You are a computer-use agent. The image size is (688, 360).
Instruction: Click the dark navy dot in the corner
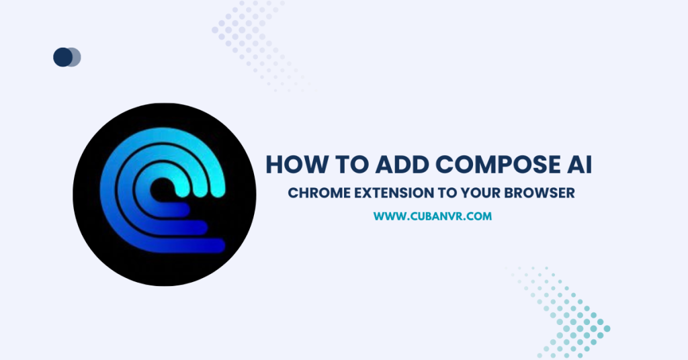coord(62,57)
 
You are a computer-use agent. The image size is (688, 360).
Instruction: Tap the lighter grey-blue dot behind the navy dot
coord(75,57)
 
